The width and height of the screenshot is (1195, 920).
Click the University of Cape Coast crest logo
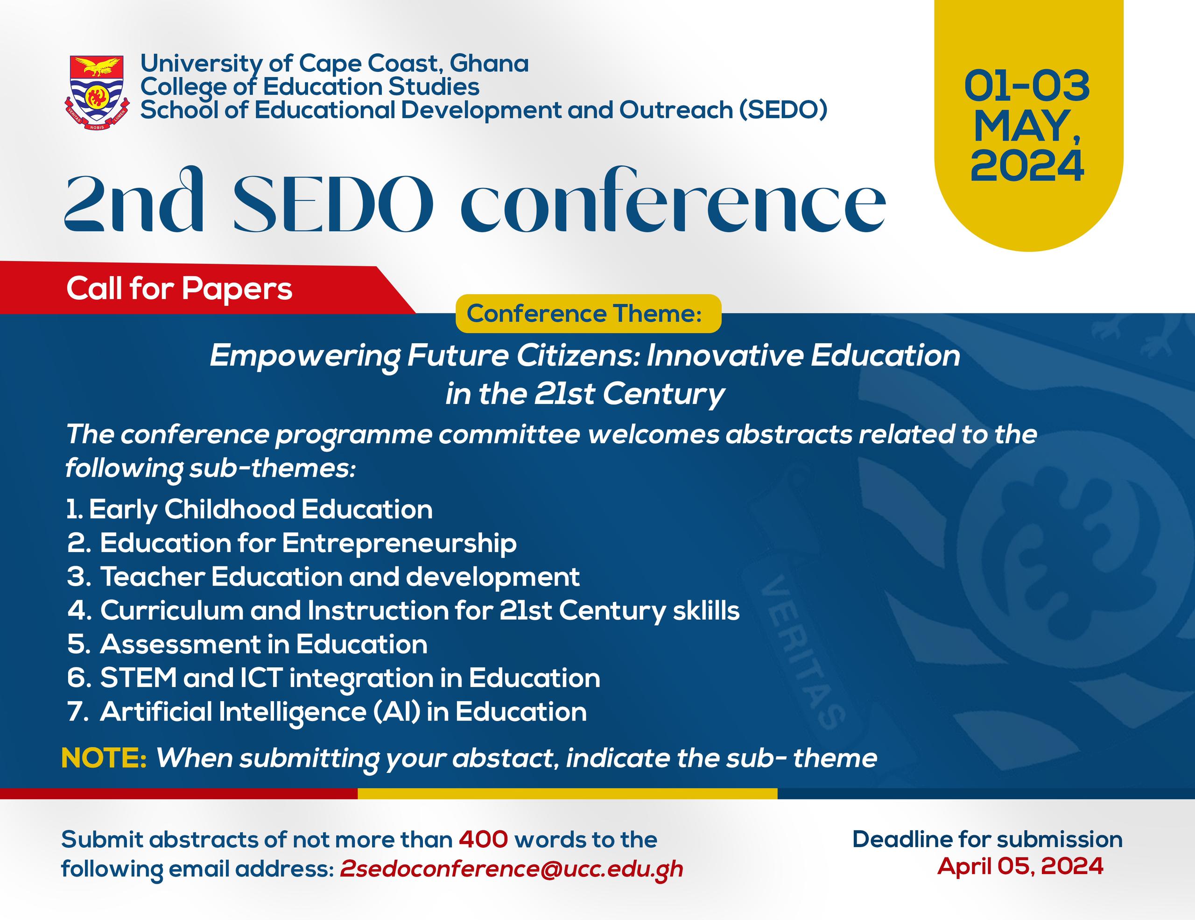(97, 92)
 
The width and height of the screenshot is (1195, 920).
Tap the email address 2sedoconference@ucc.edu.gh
(511, 869)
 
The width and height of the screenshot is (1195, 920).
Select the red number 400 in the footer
(483, 839)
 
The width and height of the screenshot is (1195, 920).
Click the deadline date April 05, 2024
(1020, 866)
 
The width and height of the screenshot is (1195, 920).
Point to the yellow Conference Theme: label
(588, 314)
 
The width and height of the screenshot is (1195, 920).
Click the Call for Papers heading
(179, 289)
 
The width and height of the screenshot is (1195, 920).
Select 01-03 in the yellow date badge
(1026, 86)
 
